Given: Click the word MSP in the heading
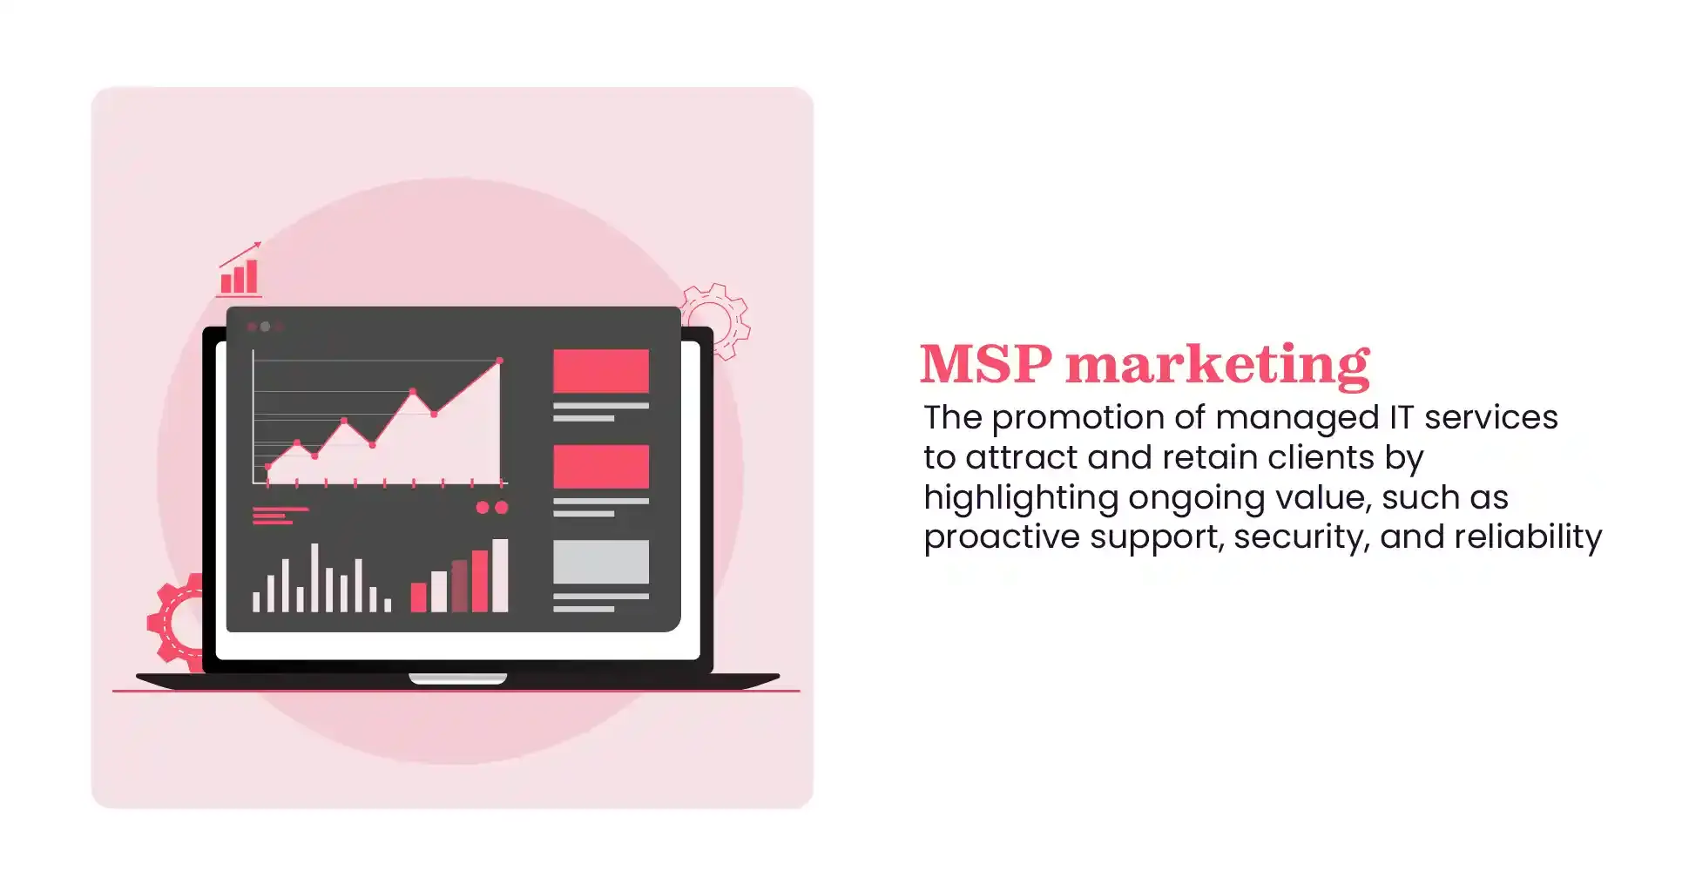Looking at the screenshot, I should [985, 363].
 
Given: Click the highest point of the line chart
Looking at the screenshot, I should [499, 361].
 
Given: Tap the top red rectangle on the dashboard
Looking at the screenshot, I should [600, 371].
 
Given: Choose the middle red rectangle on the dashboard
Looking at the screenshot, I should [600, 466].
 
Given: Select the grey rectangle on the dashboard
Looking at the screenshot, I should [600, 562].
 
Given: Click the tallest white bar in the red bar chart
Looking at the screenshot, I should [500, 576].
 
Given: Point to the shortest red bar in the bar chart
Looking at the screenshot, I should [418, 597].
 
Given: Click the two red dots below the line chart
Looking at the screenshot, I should [491, 508].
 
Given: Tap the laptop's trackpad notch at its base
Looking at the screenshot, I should [457, 678].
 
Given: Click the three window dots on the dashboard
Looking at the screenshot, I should [265, 327].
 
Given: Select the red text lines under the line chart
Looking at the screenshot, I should [279, 516].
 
